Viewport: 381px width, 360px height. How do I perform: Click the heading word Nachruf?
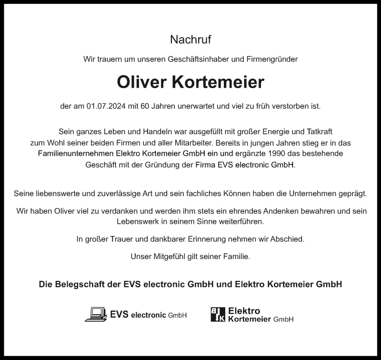click(x=190, y=40)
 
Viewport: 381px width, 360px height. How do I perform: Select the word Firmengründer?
click(x=272, y=60)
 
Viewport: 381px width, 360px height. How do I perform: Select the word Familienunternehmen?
click(x=76, y=154)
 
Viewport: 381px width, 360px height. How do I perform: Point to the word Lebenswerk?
click(x=137, y=222)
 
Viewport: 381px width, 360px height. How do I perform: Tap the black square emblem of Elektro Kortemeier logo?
click(x=218, y=314)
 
